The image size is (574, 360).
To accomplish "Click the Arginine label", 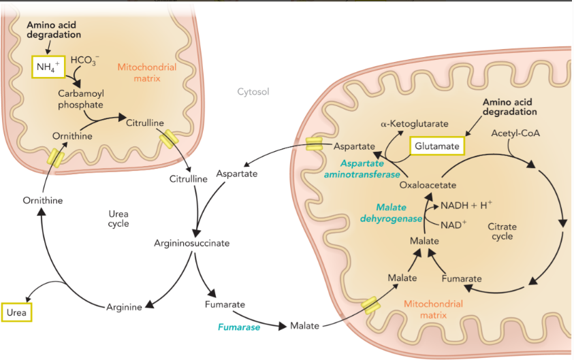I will coord(124,307).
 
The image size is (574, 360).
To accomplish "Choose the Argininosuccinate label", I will coord(191,242).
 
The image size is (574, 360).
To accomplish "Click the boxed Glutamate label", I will coord(438,146).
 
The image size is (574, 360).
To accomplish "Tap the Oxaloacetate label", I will coord(428,184).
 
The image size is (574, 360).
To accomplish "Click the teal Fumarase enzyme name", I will coord(238,327).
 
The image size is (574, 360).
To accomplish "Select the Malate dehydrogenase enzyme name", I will coord(398,212).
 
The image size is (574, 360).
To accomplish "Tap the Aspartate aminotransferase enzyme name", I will coord(364,169).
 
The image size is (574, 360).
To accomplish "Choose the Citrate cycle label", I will coord(503,231).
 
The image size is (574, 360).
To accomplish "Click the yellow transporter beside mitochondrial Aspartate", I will coord(314,144).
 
